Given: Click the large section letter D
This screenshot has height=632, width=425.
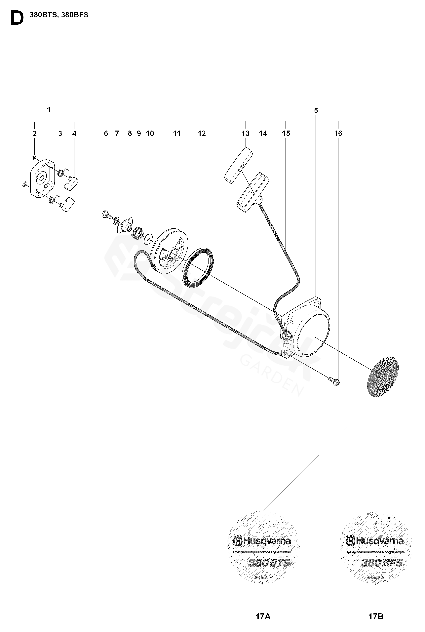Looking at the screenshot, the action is (x=17, y=19).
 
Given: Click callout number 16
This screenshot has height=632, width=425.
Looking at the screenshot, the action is (x=338, y=133).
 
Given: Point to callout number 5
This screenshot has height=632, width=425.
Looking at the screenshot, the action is (x=316, y=111).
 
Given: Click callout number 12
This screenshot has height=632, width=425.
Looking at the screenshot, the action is (x=202, y=133).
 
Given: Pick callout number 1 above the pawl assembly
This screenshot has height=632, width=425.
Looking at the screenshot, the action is (x=49, y=110).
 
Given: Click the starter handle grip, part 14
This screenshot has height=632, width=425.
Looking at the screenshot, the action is (x=253, y=192).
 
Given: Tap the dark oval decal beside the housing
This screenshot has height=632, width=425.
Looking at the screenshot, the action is (x=383, y=377).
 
